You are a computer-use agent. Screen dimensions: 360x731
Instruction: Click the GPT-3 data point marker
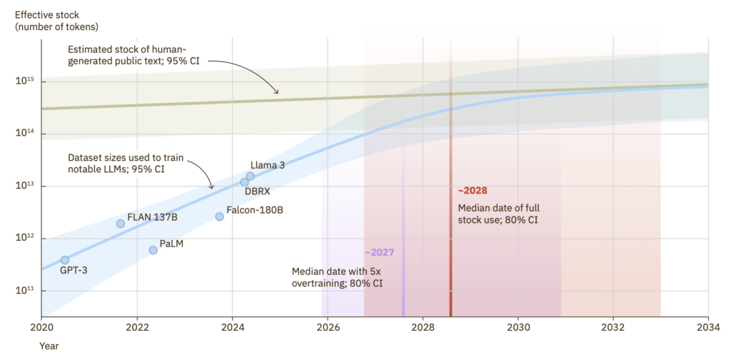pyautogui.click(x=65, y=260)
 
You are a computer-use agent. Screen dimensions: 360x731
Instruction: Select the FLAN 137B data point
pyautogui.click(x=121, y=224)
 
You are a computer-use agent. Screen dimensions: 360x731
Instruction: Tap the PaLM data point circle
pyautogui.click(x=153, y=250)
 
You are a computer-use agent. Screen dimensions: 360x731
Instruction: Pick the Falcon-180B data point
pyautogui.click(x=219, y=216)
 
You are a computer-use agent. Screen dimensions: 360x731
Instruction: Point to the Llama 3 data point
pyautogui.click(x=251, y=176)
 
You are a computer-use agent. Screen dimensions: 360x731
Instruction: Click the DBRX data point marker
pyautogui.click(x=244, y=182)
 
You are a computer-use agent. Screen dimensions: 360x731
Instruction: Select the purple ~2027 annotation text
pyautogui.click(x=379, y=253)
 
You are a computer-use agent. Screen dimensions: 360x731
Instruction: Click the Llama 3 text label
pyautogui.click(x=268, y=165)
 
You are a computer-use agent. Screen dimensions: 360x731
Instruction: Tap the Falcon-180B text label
pyautogui.click(x=254, y=211)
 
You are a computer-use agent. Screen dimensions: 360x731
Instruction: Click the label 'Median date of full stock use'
pyautogui.click(x=498, y=214)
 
